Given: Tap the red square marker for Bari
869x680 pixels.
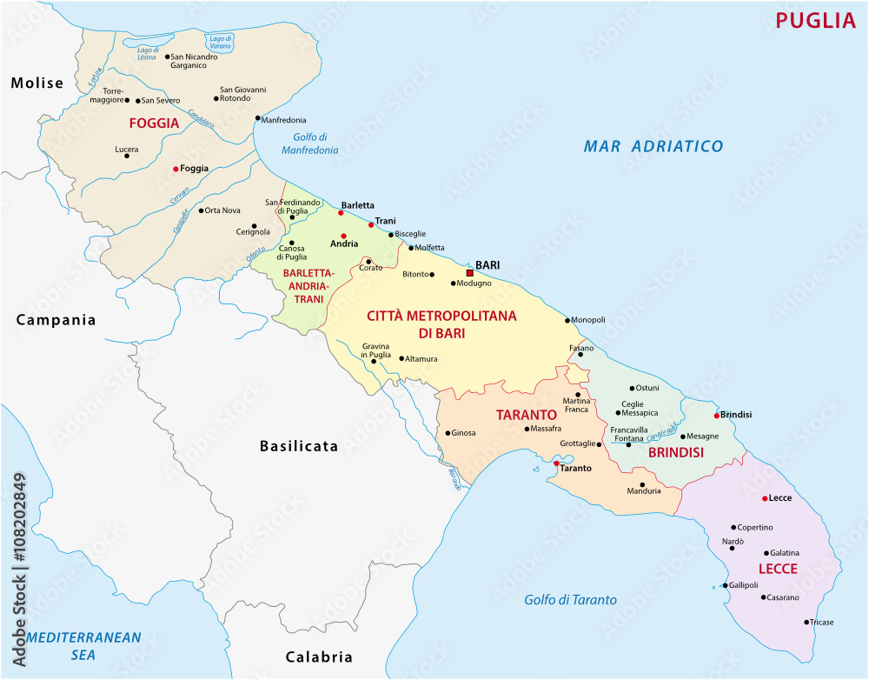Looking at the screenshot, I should (469, 272).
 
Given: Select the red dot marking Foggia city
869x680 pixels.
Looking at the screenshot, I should (176, 169).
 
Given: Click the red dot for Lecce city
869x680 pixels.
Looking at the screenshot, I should (764, 498).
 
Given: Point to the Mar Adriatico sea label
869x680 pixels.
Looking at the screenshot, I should (653, 146).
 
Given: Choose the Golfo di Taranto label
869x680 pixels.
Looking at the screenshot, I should (570, 599).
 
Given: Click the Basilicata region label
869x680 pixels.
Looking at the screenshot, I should (298, 446).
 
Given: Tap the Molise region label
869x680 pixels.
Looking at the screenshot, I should (37, 83).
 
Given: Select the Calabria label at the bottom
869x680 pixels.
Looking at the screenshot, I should (319, 657).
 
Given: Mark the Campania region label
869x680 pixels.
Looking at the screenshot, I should (56, 320).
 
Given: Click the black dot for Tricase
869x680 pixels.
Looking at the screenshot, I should (806, 622).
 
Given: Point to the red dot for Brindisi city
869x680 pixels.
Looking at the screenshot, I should (716, 415).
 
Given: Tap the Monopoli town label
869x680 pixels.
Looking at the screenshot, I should (588, 320).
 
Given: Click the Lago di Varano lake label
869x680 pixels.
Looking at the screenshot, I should (220, 43).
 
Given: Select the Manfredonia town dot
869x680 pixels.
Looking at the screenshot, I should (257, 118).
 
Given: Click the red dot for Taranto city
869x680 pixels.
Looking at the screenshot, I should (556, 463).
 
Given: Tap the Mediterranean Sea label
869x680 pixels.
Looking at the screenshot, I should (83, 644).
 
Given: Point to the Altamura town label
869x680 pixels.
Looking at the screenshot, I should (422, 358).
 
